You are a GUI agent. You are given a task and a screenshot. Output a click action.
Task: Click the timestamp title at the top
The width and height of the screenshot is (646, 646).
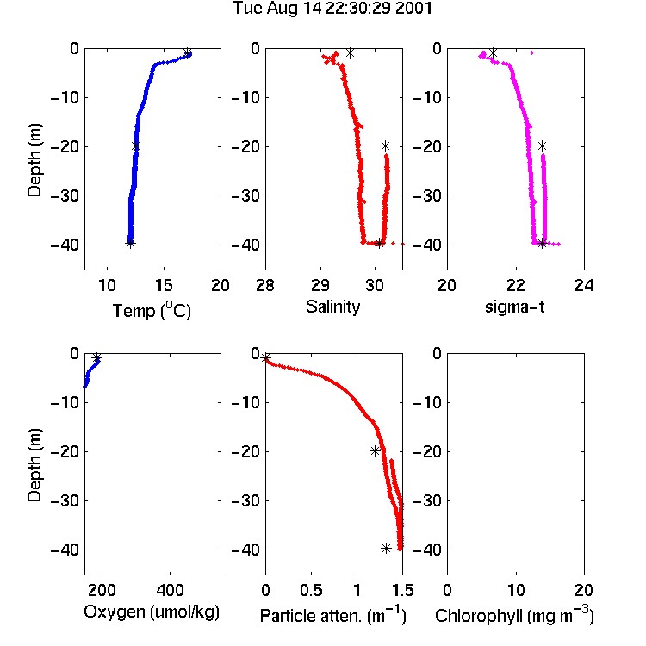click(332, 9)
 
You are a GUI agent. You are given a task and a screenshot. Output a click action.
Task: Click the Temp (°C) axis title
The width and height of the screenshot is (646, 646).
click(152, 310)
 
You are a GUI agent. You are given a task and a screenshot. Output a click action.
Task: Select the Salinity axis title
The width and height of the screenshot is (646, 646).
click(332, 307)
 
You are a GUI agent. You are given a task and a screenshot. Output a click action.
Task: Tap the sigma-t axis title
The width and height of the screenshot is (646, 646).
click(515, 307)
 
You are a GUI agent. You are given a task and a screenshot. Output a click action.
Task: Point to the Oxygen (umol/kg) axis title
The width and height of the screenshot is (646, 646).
click(152, 612)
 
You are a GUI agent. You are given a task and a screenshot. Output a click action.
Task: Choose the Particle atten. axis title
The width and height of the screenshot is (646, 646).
click(333, 615)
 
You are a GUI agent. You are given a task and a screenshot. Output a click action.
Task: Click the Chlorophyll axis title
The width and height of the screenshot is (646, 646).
click(514, 615)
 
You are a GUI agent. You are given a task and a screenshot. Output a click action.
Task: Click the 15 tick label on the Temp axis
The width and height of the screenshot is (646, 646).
click(164, 285)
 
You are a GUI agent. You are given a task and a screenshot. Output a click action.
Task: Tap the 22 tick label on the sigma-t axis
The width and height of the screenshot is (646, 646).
click(515, 285)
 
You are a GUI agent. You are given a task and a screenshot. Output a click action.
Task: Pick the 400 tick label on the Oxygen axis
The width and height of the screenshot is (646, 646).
click(170, 590)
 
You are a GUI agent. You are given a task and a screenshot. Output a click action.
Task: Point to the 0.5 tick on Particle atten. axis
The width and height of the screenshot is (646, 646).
click(311, 590)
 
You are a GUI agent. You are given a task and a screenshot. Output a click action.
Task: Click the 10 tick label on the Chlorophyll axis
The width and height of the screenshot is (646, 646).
click(515, 590)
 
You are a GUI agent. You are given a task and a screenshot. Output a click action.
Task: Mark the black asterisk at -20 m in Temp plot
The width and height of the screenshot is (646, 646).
click(135, 146)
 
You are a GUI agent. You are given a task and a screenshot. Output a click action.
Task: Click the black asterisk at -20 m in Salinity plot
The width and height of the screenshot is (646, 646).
click(385, 146)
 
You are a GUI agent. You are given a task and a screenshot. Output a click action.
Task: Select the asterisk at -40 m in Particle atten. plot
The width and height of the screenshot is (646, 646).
click(386, 549)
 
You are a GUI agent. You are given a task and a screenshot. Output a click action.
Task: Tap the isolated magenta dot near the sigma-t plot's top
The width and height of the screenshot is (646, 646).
click(532, 53)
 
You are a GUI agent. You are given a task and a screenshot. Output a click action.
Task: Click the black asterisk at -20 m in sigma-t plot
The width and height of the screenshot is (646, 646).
click(542, 146)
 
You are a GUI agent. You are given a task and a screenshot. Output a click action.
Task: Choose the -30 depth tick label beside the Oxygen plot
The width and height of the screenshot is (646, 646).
click(65, 500)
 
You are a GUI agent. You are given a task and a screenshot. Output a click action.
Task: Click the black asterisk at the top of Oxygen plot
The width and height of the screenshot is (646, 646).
click(96, 357)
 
